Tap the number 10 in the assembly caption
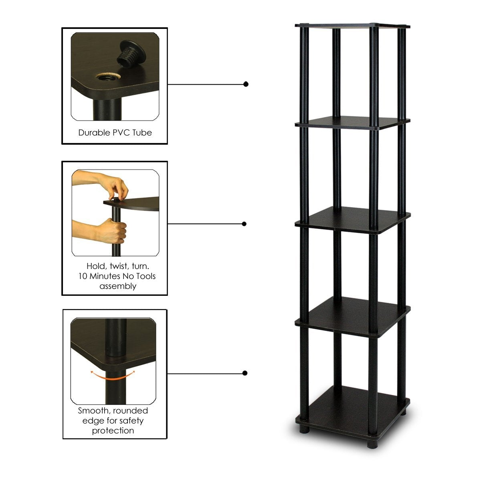83,276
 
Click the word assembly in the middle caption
118,286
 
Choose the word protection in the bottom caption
113,431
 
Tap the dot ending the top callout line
246,84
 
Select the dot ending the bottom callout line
245,373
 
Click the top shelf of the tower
353,26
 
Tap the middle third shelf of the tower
353,219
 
